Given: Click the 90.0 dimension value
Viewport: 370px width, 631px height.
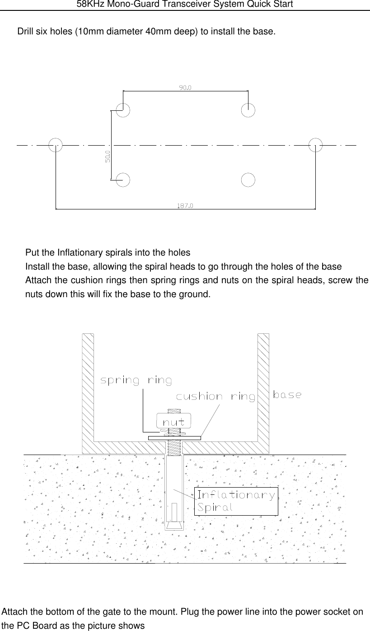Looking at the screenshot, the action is pos(185,88).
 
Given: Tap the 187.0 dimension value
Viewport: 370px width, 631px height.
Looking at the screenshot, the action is pos(185,206).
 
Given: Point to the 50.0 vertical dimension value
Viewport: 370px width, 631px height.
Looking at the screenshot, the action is pos(108,157).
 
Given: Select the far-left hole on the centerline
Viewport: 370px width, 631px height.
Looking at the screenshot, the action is pos(56,145).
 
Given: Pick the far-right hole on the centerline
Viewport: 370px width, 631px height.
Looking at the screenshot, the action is pos(315,145).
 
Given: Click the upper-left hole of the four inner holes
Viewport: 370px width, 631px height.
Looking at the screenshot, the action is pos(123,110).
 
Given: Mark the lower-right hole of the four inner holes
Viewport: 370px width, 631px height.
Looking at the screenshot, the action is pos(248,180).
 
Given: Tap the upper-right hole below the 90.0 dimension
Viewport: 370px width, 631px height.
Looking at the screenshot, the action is pos(248,110).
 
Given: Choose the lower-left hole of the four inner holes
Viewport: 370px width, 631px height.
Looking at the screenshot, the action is pos(123,180).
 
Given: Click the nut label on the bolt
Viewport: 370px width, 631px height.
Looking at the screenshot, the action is pos(173,422).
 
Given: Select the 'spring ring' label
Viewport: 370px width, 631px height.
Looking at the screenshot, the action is pos(136,380).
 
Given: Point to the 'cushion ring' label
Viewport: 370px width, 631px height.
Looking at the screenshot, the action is pos(215,397).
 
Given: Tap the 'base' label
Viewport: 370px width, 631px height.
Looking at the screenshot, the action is pos(287,394).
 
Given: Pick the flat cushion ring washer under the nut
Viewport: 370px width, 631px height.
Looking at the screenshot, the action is pos(174,438).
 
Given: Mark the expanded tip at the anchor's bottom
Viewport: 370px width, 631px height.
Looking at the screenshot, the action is pos(174,525).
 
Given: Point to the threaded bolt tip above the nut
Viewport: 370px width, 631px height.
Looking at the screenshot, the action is pos(174,411).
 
